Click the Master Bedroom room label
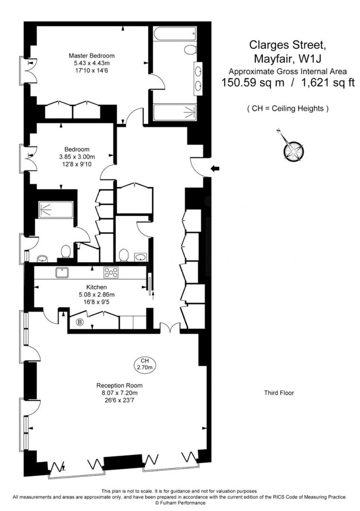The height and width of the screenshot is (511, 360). pos(91,55)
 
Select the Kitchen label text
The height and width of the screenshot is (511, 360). pos(96,287)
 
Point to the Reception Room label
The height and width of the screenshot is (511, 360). pos(119,385)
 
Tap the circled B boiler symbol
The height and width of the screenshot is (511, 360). pos(80,322)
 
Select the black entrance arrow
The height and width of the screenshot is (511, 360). pos(215,168)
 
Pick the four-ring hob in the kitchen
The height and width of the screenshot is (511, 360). pos(111,272)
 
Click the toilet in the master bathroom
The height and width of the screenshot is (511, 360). pos(190,50)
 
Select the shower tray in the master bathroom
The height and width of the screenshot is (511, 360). pos(174,113)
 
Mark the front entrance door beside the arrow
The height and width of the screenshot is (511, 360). pos(198,167)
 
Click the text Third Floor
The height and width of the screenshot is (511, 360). pos(279,393)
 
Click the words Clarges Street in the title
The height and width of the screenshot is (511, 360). pos(287,45)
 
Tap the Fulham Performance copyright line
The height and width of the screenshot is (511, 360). pos(179,502)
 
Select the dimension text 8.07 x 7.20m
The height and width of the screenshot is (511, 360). pos(119,393)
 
